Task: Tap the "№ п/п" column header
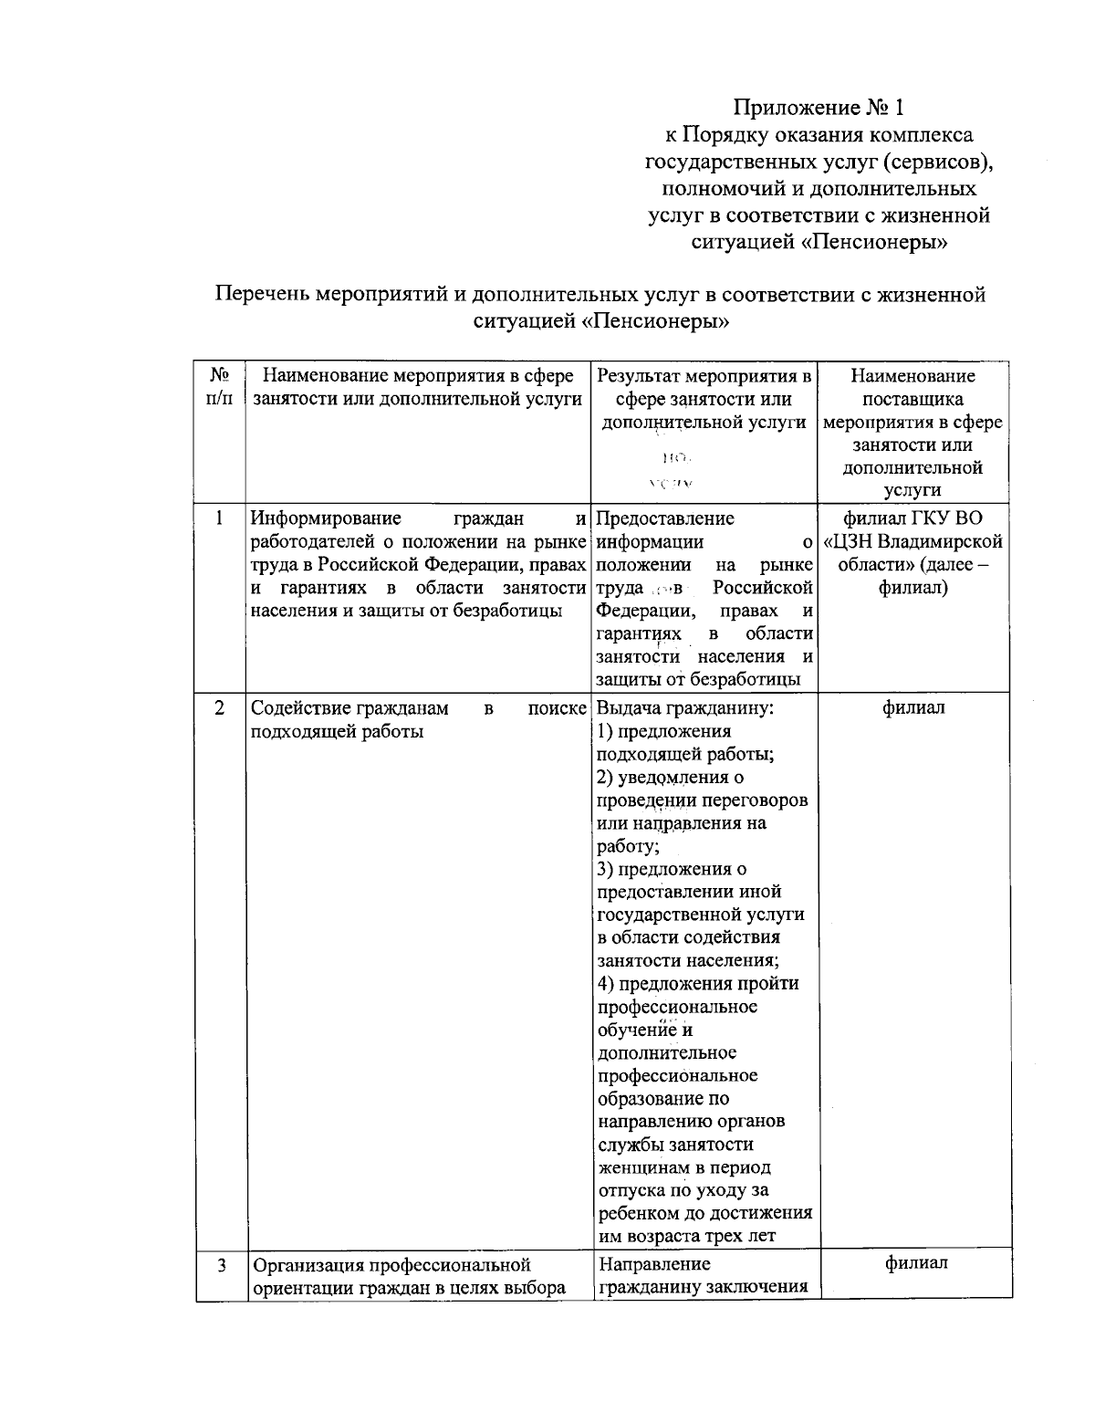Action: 220,388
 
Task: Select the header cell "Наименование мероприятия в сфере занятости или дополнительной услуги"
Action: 418,387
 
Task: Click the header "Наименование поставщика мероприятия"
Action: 912,398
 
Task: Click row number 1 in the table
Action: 220,518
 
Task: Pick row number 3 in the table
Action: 222,1265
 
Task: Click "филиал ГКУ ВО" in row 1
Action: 912,518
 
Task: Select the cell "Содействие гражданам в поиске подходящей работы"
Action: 418,719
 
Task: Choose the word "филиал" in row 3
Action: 915,1263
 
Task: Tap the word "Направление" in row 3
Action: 654,1264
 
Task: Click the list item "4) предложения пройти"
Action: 698,983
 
